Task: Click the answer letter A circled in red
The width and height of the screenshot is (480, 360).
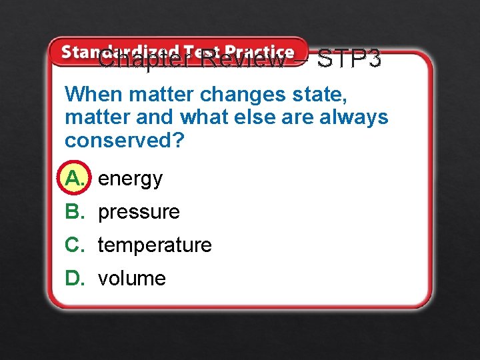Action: pos(75,178)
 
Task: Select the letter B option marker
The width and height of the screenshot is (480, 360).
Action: pos(74,212)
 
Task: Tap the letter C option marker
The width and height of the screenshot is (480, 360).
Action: pos(74,245)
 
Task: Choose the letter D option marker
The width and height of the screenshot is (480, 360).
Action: pos(74,278)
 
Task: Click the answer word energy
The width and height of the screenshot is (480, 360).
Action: pos(130,179)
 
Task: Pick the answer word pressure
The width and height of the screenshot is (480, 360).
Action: pos(139,212)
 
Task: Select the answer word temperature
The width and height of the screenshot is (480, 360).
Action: pos(155,245)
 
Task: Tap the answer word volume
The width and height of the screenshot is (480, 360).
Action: pos(131,278)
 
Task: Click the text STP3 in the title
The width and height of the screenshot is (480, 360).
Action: pos(349,59)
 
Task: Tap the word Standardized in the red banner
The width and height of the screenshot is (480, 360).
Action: pos(120,51)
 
